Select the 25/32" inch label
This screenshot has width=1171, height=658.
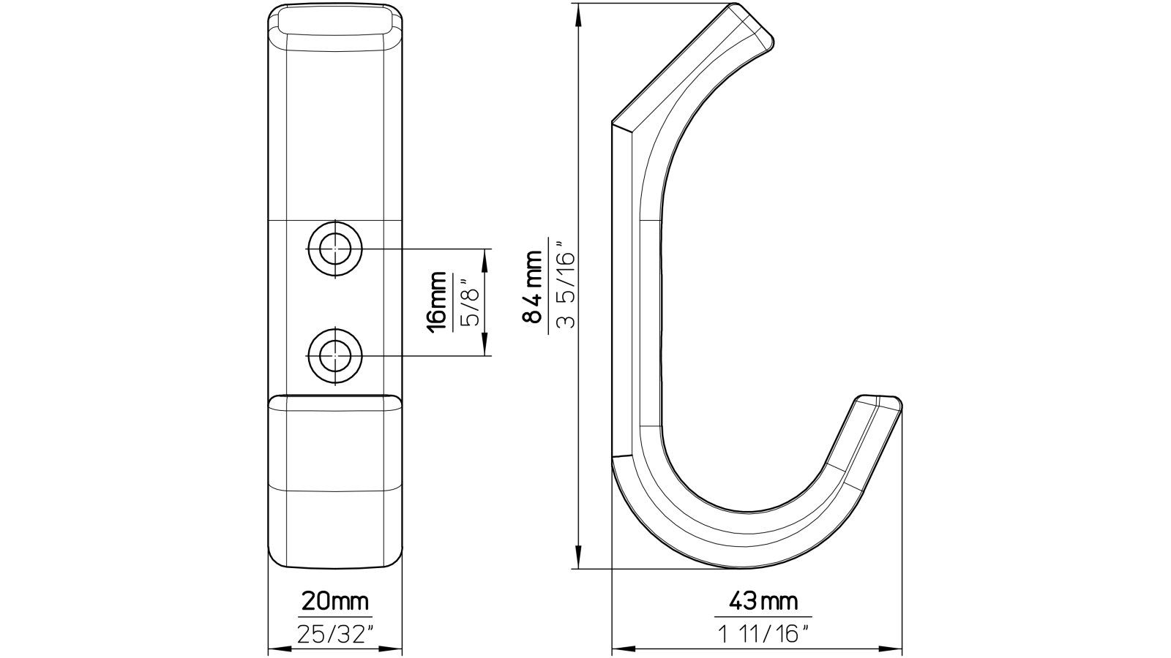click(x=336, y=634)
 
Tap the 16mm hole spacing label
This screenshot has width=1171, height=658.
click(x=437, y=301)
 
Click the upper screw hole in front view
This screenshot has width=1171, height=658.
click(x=335, y=249)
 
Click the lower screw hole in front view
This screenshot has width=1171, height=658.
click(x=335, y=356)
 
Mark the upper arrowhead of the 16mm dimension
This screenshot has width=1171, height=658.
click(x=484, y=255)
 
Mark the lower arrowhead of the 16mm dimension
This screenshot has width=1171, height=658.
click(x=484, y=350)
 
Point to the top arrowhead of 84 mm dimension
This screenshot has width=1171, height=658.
click(x=580, y=10)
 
